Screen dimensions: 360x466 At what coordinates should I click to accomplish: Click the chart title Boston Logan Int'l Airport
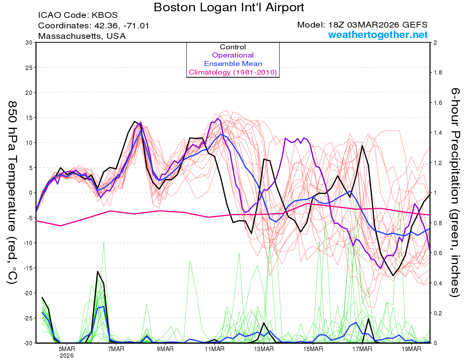coord(229,7)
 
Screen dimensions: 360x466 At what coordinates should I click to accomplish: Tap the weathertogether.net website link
coord(378,35)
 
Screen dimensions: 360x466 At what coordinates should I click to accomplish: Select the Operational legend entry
coord(233,55)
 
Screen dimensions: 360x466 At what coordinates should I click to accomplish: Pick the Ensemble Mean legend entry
coord(233,64)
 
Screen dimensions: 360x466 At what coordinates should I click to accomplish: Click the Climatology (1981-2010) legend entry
coord(233,72)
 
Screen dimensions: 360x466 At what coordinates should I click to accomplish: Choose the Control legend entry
coord(233,47)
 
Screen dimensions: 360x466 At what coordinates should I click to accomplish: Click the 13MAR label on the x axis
coord(264,348)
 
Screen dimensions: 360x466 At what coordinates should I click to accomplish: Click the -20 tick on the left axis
coord(26,293)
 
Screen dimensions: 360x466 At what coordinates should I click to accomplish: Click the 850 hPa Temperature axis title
coord(12,192)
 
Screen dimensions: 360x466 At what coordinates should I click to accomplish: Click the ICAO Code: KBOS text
coord(78,15)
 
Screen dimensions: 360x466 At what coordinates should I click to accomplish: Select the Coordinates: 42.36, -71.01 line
coord(94,26)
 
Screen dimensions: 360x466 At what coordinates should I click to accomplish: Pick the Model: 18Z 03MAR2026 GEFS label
coord(362,25)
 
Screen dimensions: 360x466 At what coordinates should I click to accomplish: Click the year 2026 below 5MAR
coord(67,355)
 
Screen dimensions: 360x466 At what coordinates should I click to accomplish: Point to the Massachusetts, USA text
coord(82,36)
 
